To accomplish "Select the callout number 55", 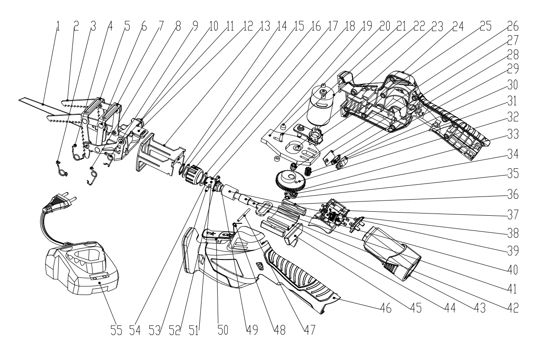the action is pyautogui.click(x=116, y=330).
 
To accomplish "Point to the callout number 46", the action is pyautogui.click(x=386, y=308).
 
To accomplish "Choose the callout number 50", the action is pyautogui.click(x=223, y=330).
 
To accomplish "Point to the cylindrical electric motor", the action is pyautogui.click(x=321, y=107).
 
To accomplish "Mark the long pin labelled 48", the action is pyautogui.click(x=244, y=214).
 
